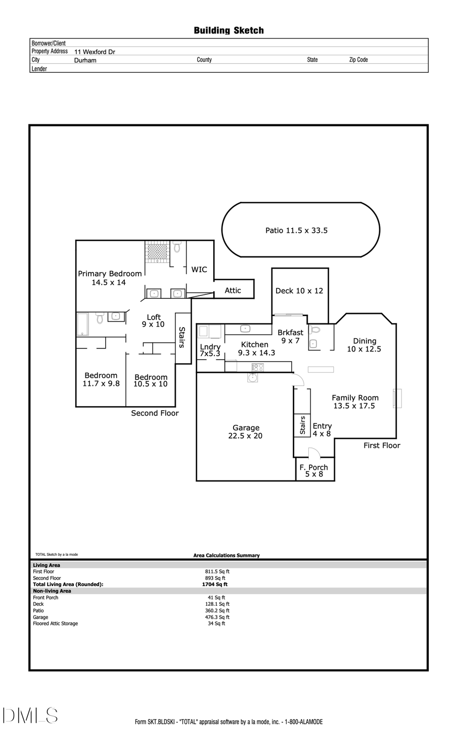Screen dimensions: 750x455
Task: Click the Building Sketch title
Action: pyautogui.click(x=229, y=31)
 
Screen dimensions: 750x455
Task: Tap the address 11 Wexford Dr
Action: pyautogui.click(x=95, y=52)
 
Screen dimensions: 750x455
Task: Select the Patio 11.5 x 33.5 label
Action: pyautogui.click(x=296, y=231)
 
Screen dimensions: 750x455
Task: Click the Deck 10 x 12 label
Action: pyautogui.click(x=299, y=291)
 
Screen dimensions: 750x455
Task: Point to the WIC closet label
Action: pyautogui.click(x=199, y=270)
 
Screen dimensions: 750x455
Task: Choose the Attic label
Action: pyautogui.click(x=233, y=290)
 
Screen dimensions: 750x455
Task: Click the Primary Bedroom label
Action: pyautogui.click(x=109, y=278)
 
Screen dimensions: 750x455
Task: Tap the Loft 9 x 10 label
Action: pyautogui.click(x=153, y=321)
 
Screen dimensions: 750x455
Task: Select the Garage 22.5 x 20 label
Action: pyautogui.click(x=246, y=431)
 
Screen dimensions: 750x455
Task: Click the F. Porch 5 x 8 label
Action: pyautogui.click(x=313, y=471)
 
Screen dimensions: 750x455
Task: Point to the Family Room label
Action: pyautogui.click(x=354, y=402)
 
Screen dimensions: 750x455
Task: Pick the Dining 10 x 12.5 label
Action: pyautogui.click(x=364, y=345)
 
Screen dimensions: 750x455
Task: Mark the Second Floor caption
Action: pyautogui.click(x=155, y=413)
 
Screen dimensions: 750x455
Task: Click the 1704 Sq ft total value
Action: pyautogui.click(x=214, y=584)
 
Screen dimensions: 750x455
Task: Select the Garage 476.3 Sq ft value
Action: pyautogui.click(x=217, y=617)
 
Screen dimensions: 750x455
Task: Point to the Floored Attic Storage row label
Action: pyautogui.click(x=56, y=624)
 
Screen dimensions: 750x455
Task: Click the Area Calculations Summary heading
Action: pyautogui.click(x=226, y=555)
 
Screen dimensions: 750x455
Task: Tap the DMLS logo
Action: pyautogui.click(x=30, y=715)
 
